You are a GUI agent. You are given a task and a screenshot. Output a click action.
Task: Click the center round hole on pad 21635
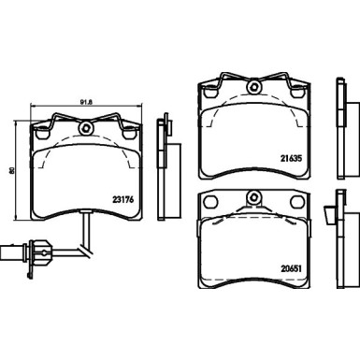[253, 90]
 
